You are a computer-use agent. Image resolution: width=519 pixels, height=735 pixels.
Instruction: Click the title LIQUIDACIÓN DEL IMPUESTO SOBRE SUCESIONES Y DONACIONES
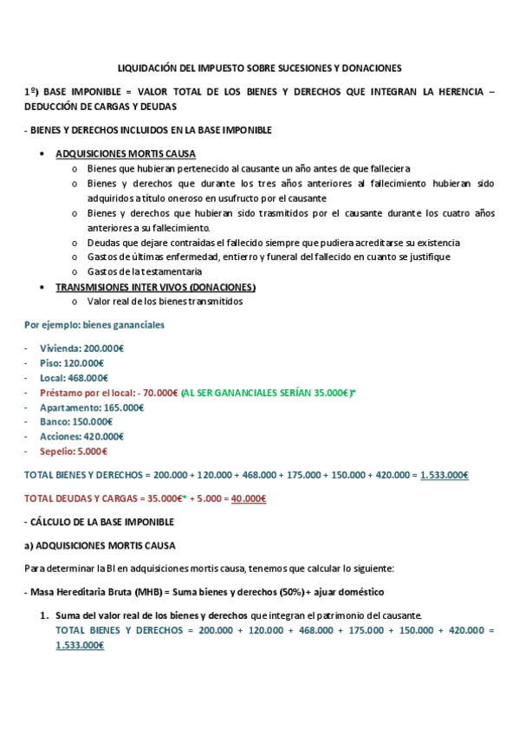point(259,67)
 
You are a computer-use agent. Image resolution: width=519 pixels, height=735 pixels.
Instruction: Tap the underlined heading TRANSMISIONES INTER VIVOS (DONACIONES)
point(155,287)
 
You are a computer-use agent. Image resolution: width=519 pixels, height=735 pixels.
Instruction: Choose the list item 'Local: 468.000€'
point(75,378)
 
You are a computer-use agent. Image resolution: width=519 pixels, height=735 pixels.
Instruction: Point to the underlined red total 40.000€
point(249,498)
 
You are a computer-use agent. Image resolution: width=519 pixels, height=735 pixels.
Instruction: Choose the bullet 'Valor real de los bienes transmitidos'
point(165,302)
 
